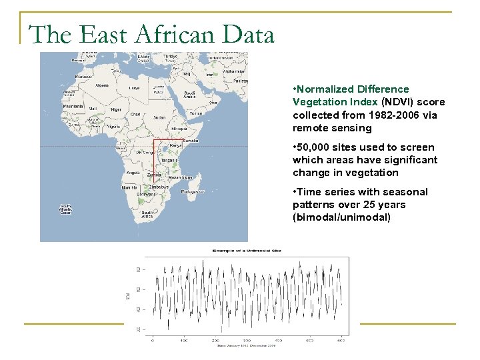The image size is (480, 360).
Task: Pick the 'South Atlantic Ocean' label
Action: pyautogui.click(x=66, y=209)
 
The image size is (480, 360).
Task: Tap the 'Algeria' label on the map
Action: pyautogui.click(x=103, y=85)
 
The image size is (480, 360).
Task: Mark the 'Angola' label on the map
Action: pyautogui.click(x=132, y=172)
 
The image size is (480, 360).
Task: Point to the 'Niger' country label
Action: pyautogui.click(x=115, y=110)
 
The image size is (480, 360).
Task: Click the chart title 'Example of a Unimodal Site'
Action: pyautogui.click(x=247, y=251)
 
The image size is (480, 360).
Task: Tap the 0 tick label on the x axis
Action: pyautogui.click(x=153, y=341)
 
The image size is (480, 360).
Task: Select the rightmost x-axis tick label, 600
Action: pyautogui.click(x=340, y=341)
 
